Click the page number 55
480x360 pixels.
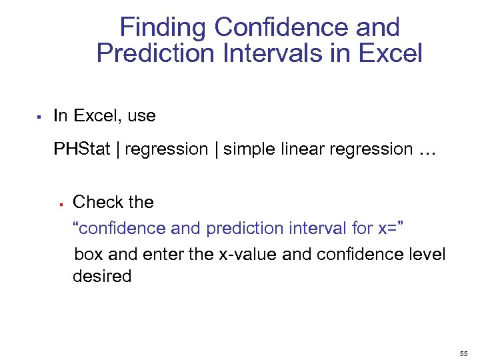pos(464,352)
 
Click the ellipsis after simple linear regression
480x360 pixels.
pos(427,151)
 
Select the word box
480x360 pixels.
pos(89,255)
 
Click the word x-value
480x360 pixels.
pos(248,255)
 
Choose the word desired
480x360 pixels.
pos(102,276)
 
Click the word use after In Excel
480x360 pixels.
pos(141,116)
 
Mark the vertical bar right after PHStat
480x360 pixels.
pos(117,149)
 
